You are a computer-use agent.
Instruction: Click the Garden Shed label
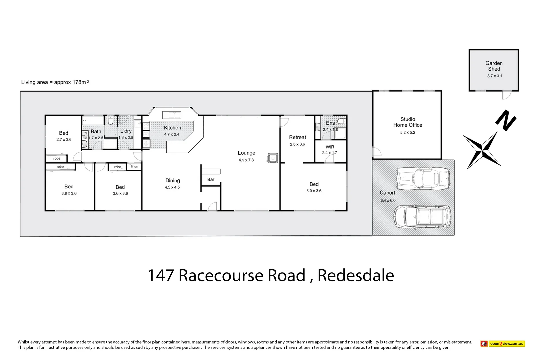494,66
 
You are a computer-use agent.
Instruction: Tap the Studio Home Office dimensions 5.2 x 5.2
408,132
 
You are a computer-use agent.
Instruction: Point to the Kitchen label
172,128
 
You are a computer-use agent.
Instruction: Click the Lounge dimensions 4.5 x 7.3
246,160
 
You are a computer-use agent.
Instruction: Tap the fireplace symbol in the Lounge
273,158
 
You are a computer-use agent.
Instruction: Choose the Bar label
211,179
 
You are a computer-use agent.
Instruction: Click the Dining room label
173,180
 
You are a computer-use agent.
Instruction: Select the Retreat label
297,137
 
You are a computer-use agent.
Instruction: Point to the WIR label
330,147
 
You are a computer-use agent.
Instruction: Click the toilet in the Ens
342,121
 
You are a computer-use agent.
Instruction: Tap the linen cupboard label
134,166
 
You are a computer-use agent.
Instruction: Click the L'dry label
126,131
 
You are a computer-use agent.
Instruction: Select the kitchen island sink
172,115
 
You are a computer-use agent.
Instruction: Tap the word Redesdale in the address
356,275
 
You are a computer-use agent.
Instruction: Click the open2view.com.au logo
503,344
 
